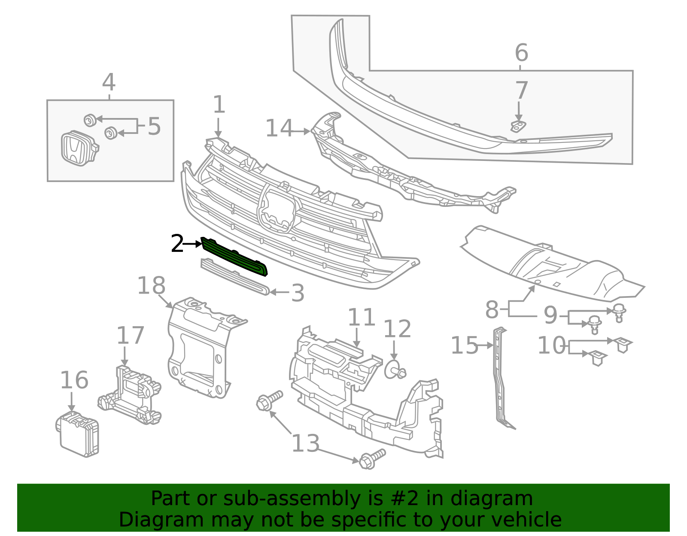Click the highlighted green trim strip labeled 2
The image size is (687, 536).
coord(234,257)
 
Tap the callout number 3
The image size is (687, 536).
coord(297,293)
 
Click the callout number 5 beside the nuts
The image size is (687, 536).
coord(154,127)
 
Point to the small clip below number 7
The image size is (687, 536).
coord(518,126)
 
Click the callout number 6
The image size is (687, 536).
coord(521,53)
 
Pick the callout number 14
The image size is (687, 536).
coord(279,128)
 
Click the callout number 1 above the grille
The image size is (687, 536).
coord(219,105)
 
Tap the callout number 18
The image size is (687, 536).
coord(151,286)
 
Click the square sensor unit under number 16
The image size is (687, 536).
coord(79,435)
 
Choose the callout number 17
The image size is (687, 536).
coord(130,336)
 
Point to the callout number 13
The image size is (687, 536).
coord(305,443)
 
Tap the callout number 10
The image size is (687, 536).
coord(552,345)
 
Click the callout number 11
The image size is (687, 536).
coord(361,318)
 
